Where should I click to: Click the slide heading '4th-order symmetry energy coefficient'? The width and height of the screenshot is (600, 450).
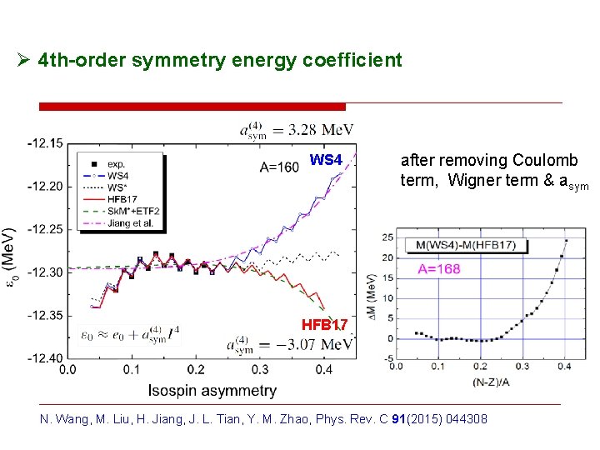point(220,61)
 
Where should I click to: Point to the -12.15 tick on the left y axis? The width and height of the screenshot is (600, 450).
point(44,143)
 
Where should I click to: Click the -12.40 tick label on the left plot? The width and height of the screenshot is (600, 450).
point(44,358)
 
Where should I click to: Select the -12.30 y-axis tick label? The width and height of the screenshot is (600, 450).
point(44,272)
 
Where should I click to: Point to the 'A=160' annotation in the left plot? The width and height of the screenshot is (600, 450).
point(279,167)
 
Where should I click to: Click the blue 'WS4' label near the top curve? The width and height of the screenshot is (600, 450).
point(326,159)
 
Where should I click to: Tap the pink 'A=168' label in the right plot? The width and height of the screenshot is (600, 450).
point(440,268)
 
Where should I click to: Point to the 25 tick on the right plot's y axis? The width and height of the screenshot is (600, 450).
point(388,238)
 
